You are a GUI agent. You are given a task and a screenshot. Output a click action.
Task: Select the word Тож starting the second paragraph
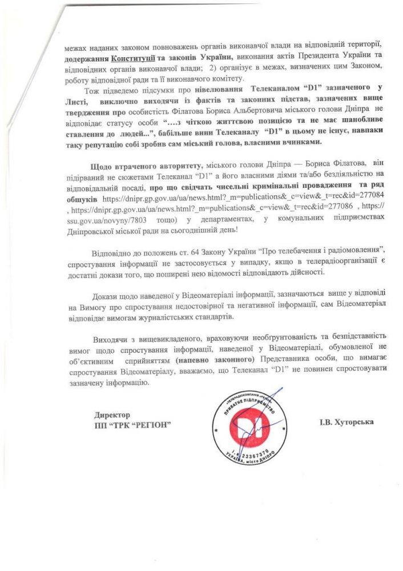[91, 91]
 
